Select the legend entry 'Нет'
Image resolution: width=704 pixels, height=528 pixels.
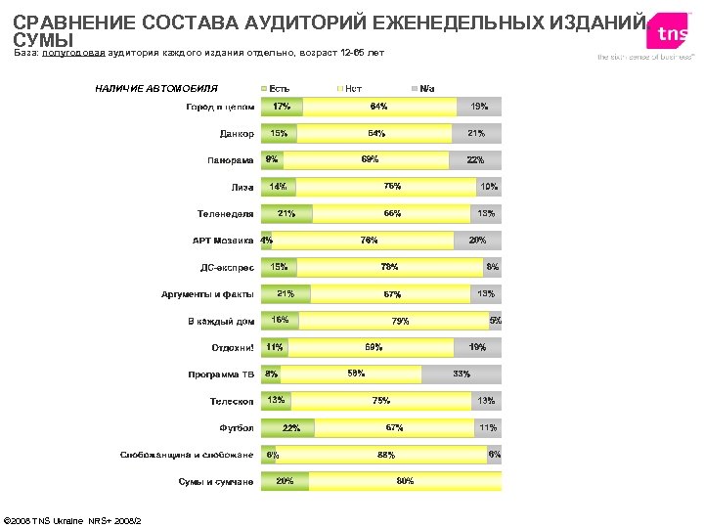[x=353, y=89]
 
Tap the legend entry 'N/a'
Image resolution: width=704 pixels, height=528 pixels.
[x=426, y=89]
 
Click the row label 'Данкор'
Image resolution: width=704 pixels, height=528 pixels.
[x=237, y=133]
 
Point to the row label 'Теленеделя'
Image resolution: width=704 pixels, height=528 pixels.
[x=226, y=214]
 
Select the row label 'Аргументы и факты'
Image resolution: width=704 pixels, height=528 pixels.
[x=207, y=294]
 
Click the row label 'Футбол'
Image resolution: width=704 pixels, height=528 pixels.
[x=237, y=428]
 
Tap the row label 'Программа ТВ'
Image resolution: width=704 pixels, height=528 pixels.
[x=221, y=374]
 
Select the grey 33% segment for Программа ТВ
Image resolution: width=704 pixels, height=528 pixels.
[x=462, y=374]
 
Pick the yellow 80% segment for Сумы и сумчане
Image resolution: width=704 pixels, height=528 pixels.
[x=405, y=481]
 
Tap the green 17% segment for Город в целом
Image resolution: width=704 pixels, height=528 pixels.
[x=282, y=107]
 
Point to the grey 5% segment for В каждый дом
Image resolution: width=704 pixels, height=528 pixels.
[x=496, y=321]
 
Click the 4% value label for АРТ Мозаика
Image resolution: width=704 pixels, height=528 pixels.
[x=266, y=241]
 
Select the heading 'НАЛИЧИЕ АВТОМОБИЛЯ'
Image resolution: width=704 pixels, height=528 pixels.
[x=156, y=89]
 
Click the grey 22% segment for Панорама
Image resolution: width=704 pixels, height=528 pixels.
[x=475, y=160]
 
